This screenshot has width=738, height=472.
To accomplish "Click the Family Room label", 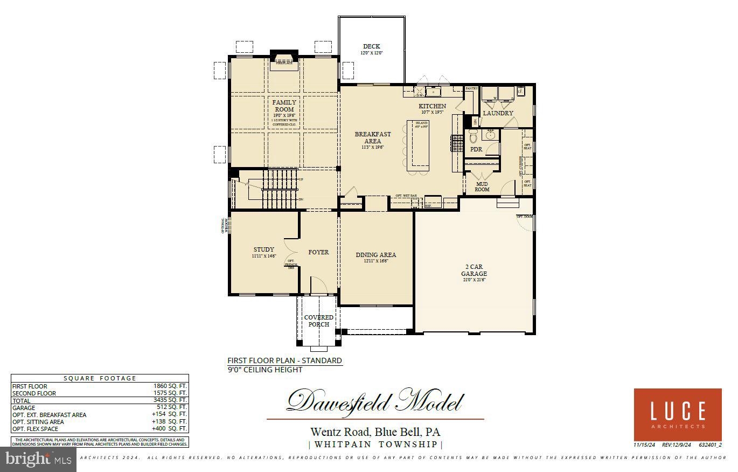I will click(283, 106).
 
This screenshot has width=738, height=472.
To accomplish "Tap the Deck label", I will click(371, 47).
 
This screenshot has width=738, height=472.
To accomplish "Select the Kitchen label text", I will click(433, 106).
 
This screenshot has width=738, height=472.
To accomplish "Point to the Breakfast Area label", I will click(373, 137).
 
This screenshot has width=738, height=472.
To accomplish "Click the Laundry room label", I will click(498, 113).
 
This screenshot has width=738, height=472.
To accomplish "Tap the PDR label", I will click(476, 149).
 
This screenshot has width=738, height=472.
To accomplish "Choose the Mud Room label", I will click(482, 186).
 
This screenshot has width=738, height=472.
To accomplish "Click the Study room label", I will click(264, 249).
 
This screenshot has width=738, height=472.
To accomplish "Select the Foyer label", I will click(318, 252).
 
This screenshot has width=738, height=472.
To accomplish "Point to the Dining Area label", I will click(375, 255).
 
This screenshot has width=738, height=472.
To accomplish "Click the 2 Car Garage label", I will click(474, 270).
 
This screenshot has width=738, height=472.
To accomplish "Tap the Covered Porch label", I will click(318, 321).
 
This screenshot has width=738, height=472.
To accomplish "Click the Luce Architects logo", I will click(677, 414).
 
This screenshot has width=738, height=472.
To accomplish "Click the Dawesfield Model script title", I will click(374, 402).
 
